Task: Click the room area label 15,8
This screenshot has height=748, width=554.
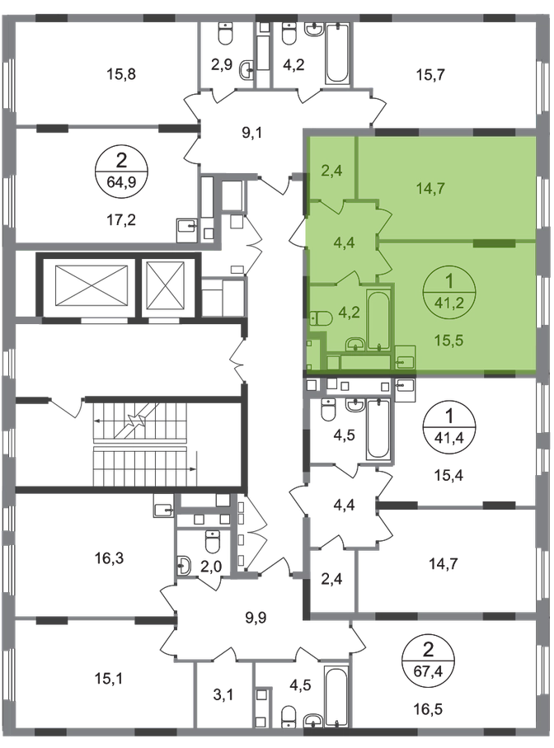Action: tap(123, 74)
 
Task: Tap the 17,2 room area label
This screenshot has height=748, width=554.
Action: tap(123, 220)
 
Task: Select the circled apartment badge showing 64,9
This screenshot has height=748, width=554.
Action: tap(121, 169)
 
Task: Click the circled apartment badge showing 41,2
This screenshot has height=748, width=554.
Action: tap(449, 290)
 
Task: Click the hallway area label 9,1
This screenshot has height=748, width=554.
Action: tap(251, 133)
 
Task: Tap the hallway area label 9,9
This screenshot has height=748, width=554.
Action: tap(256, 618)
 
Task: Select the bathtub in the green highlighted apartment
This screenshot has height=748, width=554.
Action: tap(379, 320)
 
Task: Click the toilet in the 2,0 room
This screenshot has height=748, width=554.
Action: tap(212, 541)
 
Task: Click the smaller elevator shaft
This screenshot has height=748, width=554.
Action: tap(164, 285)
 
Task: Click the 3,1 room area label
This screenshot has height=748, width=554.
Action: tap(223, 694)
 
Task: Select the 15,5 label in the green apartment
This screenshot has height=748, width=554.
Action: tap(449, 340)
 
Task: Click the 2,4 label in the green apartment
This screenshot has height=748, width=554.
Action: tap(331, 171)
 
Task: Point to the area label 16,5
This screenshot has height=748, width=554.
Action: tap(429, 709)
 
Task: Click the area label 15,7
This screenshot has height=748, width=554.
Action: tap(430, 74)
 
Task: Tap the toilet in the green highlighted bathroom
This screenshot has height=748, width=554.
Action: tap(321, 318)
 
